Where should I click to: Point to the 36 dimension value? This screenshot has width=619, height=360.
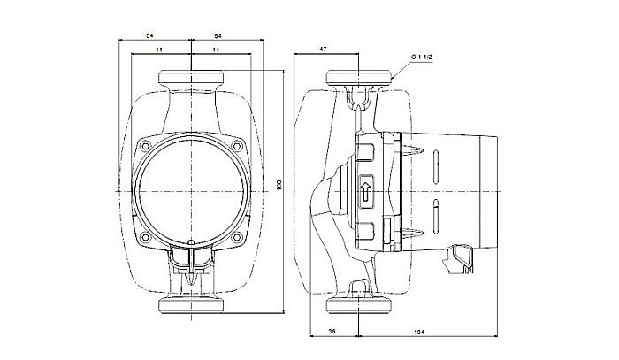click(x=331, y=332)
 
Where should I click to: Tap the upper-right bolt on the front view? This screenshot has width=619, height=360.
click(x=237, y=144)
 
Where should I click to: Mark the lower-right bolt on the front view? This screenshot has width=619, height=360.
click(x=237, y=236)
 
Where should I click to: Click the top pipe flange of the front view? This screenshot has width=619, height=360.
click(x=191, y=79)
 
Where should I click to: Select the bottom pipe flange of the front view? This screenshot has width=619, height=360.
click(x=191, y=307)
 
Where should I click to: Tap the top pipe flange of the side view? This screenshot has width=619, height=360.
click(x=360, y=79)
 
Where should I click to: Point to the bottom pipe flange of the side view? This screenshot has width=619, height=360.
click(x=360, y=307)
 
